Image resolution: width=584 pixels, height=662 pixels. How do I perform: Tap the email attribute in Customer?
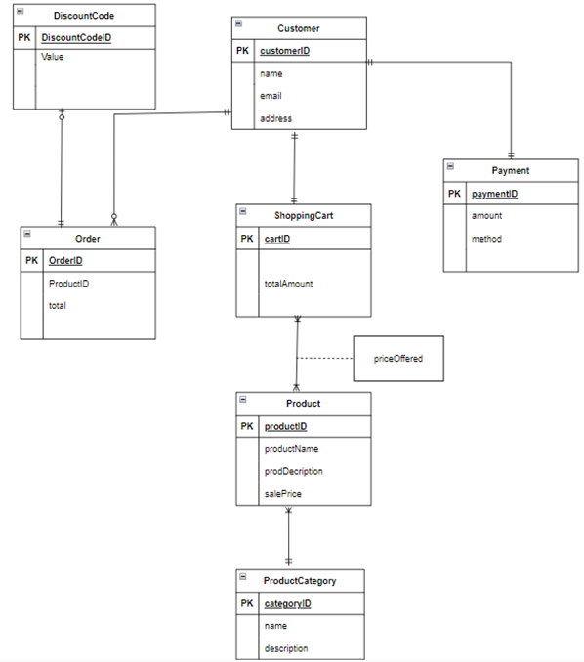(271, 96)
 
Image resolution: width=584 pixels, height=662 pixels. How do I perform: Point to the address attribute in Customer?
(275, 118)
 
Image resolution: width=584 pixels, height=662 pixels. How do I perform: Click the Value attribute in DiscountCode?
(53, 58)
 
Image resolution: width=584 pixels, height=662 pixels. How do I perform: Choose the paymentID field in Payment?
(494, 194)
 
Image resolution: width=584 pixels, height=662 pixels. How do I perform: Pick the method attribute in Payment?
(486, 239)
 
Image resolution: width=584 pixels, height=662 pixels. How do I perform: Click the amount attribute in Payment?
(486, 216)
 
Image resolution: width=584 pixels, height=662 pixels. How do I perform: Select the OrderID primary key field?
(65, 260)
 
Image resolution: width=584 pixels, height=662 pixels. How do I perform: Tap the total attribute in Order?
(58, 305)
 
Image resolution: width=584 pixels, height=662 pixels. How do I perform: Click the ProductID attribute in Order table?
(68, 283)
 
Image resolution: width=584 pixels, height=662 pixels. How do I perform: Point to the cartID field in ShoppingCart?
(277, 238)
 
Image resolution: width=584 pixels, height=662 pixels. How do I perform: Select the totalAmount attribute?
(288, 284)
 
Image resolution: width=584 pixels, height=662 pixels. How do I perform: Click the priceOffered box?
(399, 359)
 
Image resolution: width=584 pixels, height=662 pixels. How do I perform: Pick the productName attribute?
(291, 449)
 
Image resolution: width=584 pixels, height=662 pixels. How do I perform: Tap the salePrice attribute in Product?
(284, 494)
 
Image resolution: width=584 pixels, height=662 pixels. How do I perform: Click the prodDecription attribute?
(294, 471)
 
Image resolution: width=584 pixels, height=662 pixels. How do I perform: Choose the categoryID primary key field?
(287, 603)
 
